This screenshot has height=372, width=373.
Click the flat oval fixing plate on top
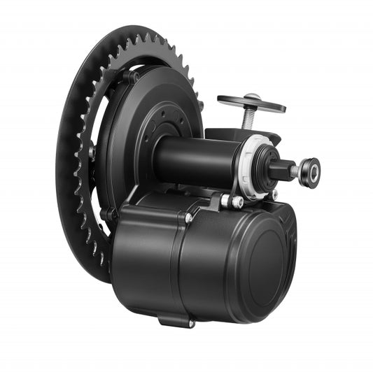(251, 103)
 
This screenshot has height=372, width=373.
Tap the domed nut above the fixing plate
(253, 96)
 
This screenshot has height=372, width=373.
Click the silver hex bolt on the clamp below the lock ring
(236, 201)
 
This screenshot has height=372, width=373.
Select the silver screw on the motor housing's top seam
(189, 217)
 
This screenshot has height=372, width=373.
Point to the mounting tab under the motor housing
(175, 320)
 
